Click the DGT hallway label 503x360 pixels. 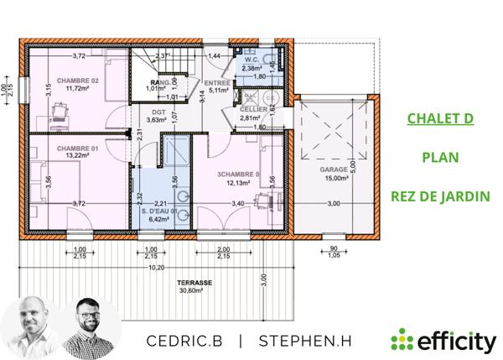(x=157, y=111)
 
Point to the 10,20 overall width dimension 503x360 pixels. (x=155, y=268)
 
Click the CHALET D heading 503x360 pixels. (x=440, y=118)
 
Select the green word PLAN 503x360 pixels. (x=440, y=158)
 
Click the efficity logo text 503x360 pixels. (x=453, y=341)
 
